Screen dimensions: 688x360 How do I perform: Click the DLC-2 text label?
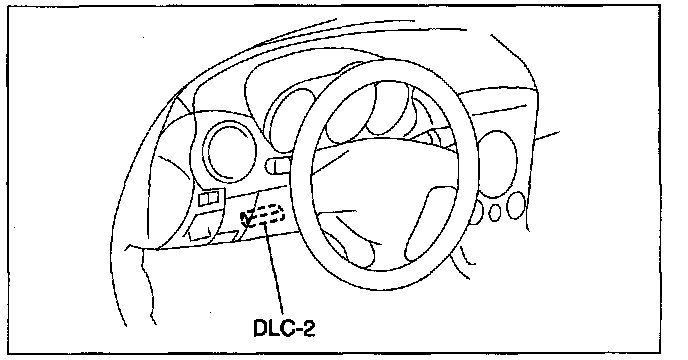click(x=284, y=328)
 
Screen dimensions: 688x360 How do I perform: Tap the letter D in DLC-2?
click(x=261, y=328)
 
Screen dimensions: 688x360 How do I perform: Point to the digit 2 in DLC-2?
click(x=309, y=328)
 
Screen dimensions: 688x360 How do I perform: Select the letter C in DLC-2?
click(x=287, y=328)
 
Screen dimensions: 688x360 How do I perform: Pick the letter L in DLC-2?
click(x=273, y=328)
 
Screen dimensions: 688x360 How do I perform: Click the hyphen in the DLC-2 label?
click(x=298, y=330)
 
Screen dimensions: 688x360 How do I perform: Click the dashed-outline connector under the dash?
click(x=262, y=215)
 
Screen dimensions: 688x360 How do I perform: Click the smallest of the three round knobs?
click(x=495, y=213)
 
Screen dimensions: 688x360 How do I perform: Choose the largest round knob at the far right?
click(x=516, y=205)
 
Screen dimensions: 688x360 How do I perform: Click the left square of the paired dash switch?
click(x=204, y=200)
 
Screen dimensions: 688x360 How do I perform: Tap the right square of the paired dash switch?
click(x=214, y=199)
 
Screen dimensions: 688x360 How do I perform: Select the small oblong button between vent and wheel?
click(x=278, y=166)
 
